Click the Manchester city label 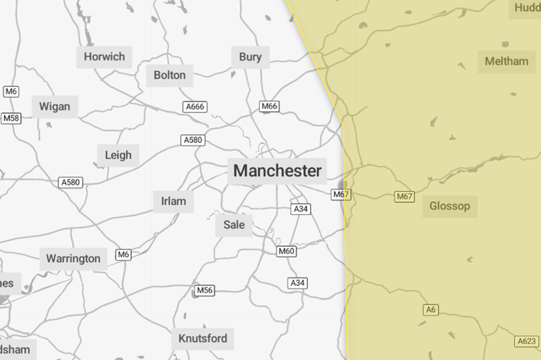(x=277, y=170)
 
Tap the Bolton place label (x=170, y=75)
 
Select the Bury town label (x=250, y=57)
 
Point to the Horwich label (x=104, y=57)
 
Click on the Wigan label (x=54, y=106)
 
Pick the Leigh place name (x=118, y=156)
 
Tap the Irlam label (x=173, y=201)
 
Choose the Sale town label (x=234, y=225)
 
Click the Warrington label (x=73, y=259)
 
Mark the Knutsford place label (x=203, y=339)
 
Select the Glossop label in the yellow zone (x=449, y=206)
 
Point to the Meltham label (x=506, y=61)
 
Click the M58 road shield (x=11, y=118)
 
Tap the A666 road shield (x=194, y=107)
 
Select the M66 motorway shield (x=269, y=106)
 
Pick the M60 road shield (x=286, y=251)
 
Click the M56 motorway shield (x=204, y=290)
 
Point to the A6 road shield (x=430, y=310)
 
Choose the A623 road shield (x=527, y=341)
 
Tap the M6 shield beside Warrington (x=124, y=254)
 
